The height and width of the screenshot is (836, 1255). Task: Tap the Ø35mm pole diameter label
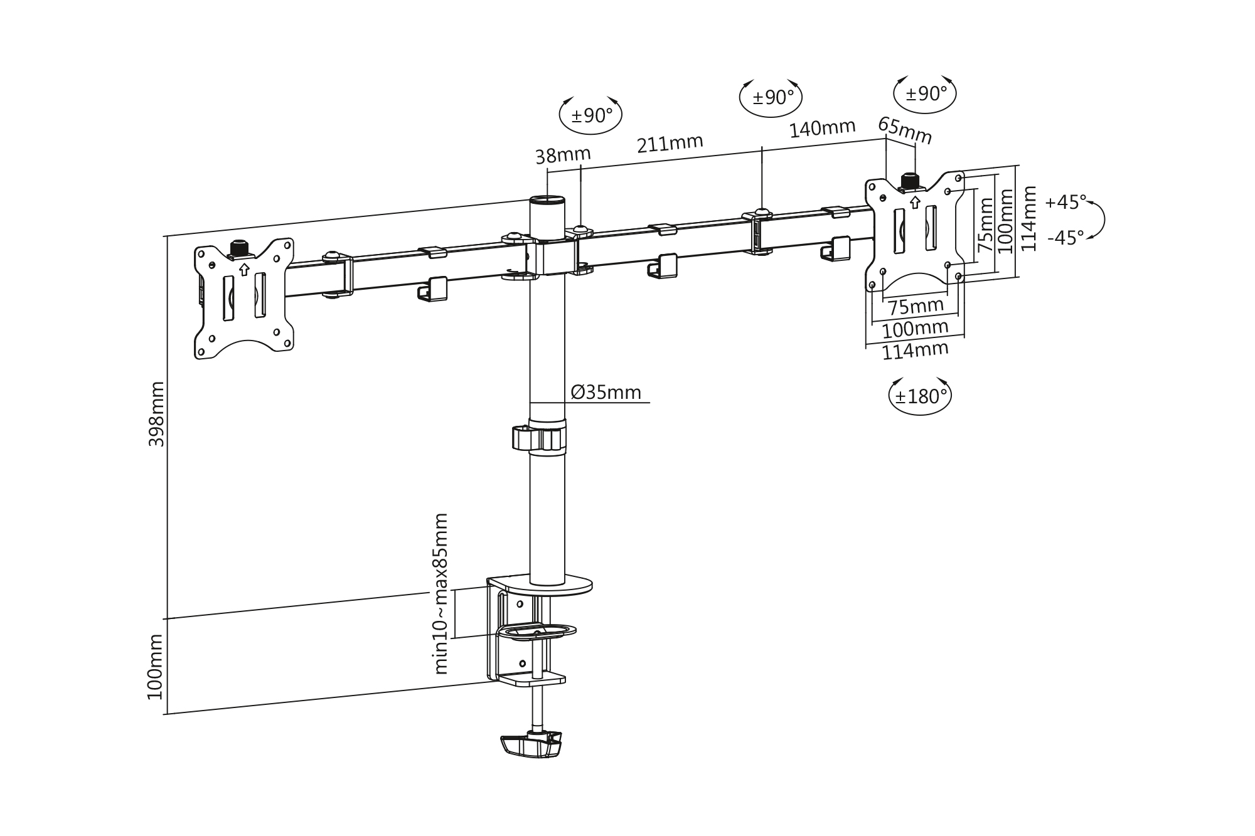point(606,393)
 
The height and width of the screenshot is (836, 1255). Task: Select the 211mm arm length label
point(670,144)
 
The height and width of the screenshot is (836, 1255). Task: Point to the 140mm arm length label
point(822,129)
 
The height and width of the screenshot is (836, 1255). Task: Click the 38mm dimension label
point(563,155)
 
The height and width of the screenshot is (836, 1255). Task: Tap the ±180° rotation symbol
point(920,396)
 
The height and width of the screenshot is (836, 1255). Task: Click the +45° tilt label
point(1065,203)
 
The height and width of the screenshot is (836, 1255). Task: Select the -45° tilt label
point(1065,238)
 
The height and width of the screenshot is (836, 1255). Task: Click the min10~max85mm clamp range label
point(442,593)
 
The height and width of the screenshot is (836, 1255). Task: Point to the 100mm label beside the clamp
point(155,666)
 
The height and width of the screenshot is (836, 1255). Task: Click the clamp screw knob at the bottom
point(531,744)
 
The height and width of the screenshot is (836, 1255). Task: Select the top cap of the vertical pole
point(547,201)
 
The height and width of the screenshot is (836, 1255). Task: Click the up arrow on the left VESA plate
point(244,270)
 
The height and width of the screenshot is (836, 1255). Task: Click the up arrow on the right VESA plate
point(914,203)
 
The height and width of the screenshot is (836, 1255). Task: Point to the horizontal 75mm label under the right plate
point(916,307)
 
